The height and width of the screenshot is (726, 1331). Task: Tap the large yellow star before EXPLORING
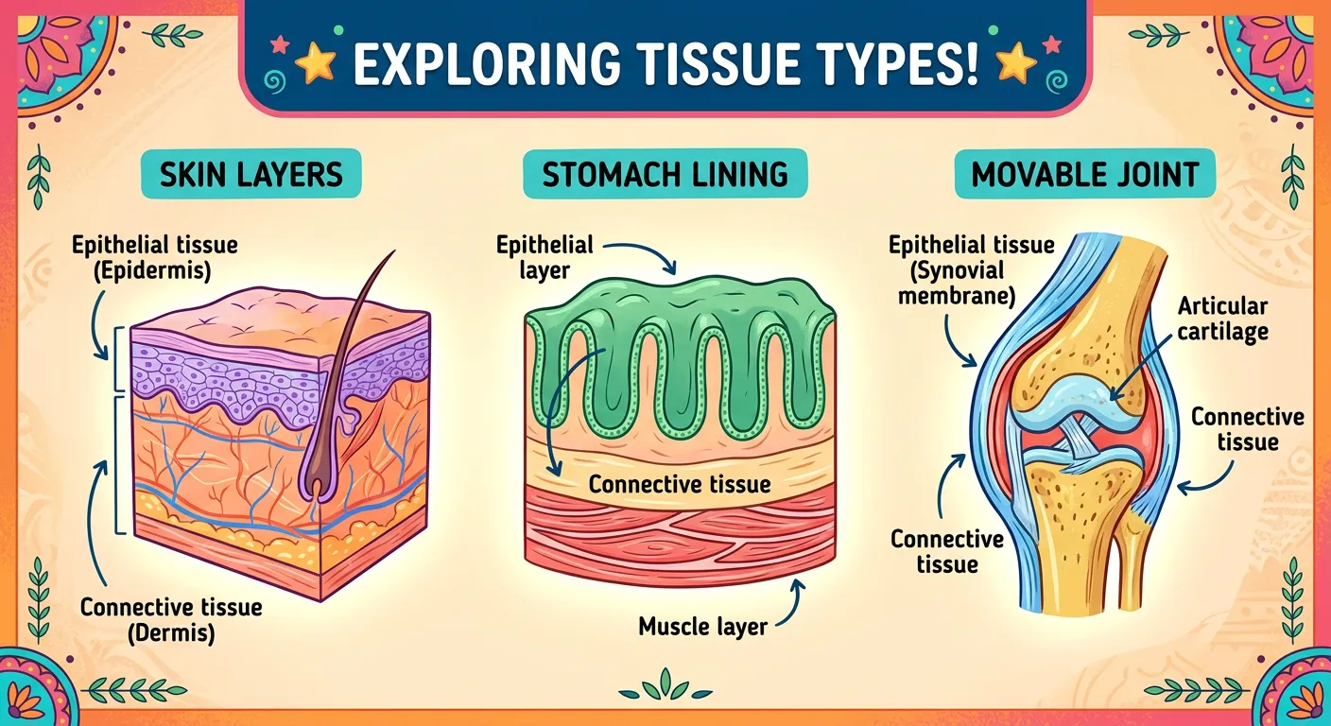pos(314,63)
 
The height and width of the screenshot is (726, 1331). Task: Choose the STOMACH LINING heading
pos(665,175)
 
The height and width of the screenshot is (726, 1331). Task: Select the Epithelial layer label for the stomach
pos(544,257)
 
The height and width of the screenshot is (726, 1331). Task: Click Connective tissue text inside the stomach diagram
pos(680,485)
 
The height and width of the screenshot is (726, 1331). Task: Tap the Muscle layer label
pos(702,625)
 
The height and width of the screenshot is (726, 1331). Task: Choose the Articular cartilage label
pos(1223,318)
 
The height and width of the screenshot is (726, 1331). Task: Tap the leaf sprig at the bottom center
pos(665,684)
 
